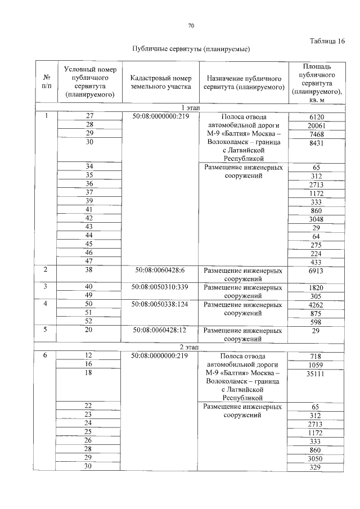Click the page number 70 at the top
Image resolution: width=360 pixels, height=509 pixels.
191,26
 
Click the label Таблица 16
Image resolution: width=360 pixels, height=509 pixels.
327,41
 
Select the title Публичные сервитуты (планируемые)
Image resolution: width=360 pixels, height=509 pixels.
191,49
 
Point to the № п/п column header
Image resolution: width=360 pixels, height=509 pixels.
46,82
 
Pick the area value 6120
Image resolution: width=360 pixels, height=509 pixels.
314,116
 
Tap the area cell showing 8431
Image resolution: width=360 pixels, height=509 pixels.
314,143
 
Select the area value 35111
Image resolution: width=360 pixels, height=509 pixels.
314,373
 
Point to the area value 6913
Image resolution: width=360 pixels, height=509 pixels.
314,271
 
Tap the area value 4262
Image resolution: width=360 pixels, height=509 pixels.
314,305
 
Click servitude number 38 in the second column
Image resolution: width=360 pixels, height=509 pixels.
89,271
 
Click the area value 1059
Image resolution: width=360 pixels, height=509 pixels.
314,364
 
